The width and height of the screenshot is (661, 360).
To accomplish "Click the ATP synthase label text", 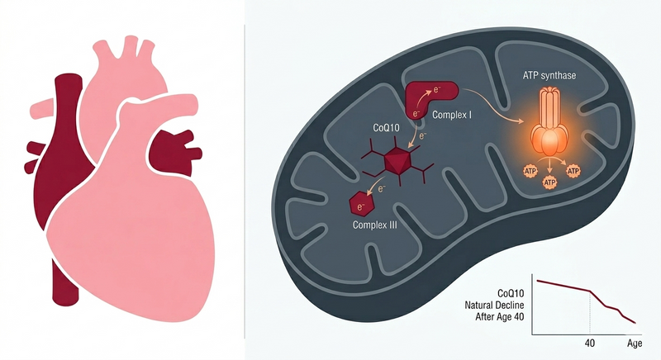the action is point(549,76).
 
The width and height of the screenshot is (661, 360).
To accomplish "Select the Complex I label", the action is point(452,115).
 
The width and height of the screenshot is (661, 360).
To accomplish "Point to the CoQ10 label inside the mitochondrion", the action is point(386,127).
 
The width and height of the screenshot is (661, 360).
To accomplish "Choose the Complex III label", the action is point(375,225).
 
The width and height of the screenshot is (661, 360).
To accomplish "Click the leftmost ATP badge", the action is point(530,172).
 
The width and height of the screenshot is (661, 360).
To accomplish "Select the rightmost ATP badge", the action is point(573,171).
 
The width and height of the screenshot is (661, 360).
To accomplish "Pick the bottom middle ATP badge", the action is point(549,182).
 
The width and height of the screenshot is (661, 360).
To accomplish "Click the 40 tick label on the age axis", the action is point(590,343).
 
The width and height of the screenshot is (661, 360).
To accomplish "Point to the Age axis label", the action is point(635,343).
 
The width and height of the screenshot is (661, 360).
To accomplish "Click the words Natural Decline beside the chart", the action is point(494,305).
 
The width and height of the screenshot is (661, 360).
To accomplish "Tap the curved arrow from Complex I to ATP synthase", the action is point(492,102).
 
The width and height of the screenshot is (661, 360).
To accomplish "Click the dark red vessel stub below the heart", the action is point(64,282).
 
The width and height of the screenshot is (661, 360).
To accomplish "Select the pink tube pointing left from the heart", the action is point(42,110).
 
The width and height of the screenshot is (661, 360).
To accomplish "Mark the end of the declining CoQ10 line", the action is point(635,323).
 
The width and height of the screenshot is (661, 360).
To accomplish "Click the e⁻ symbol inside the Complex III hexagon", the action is point(360,206).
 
